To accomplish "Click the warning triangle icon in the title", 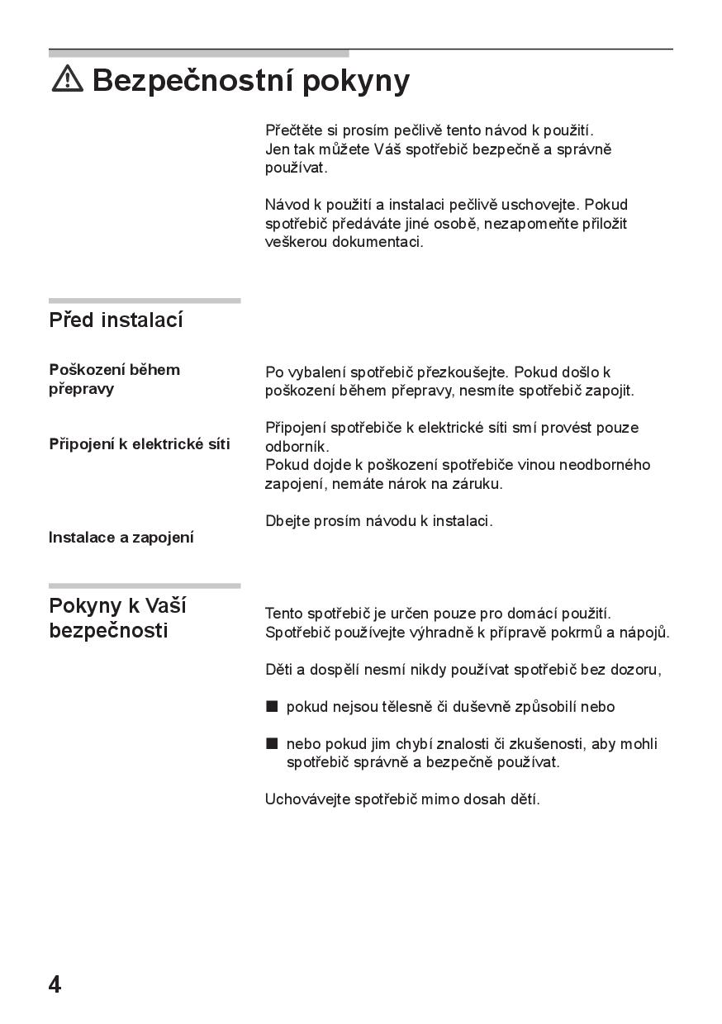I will click(x=67, y=78).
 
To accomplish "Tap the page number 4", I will click(x=55, y=984).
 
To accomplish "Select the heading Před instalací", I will click(x=116, y=320).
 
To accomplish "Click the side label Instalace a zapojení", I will click(x=121, y=538).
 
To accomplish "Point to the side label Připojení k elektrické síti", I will click(x=140, y=444).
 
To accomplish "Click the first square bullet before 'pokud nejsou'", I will click(x=272, y=707).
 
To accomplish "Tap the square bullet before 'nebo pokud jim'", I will click(x=272, y=743).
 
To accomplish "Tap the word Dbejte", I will click(x=286, y=521).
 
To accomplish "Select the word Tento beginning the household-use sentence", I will click(x=284, y=614).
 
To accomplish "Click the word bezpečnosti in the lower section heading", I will click(x=108, y=631).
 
